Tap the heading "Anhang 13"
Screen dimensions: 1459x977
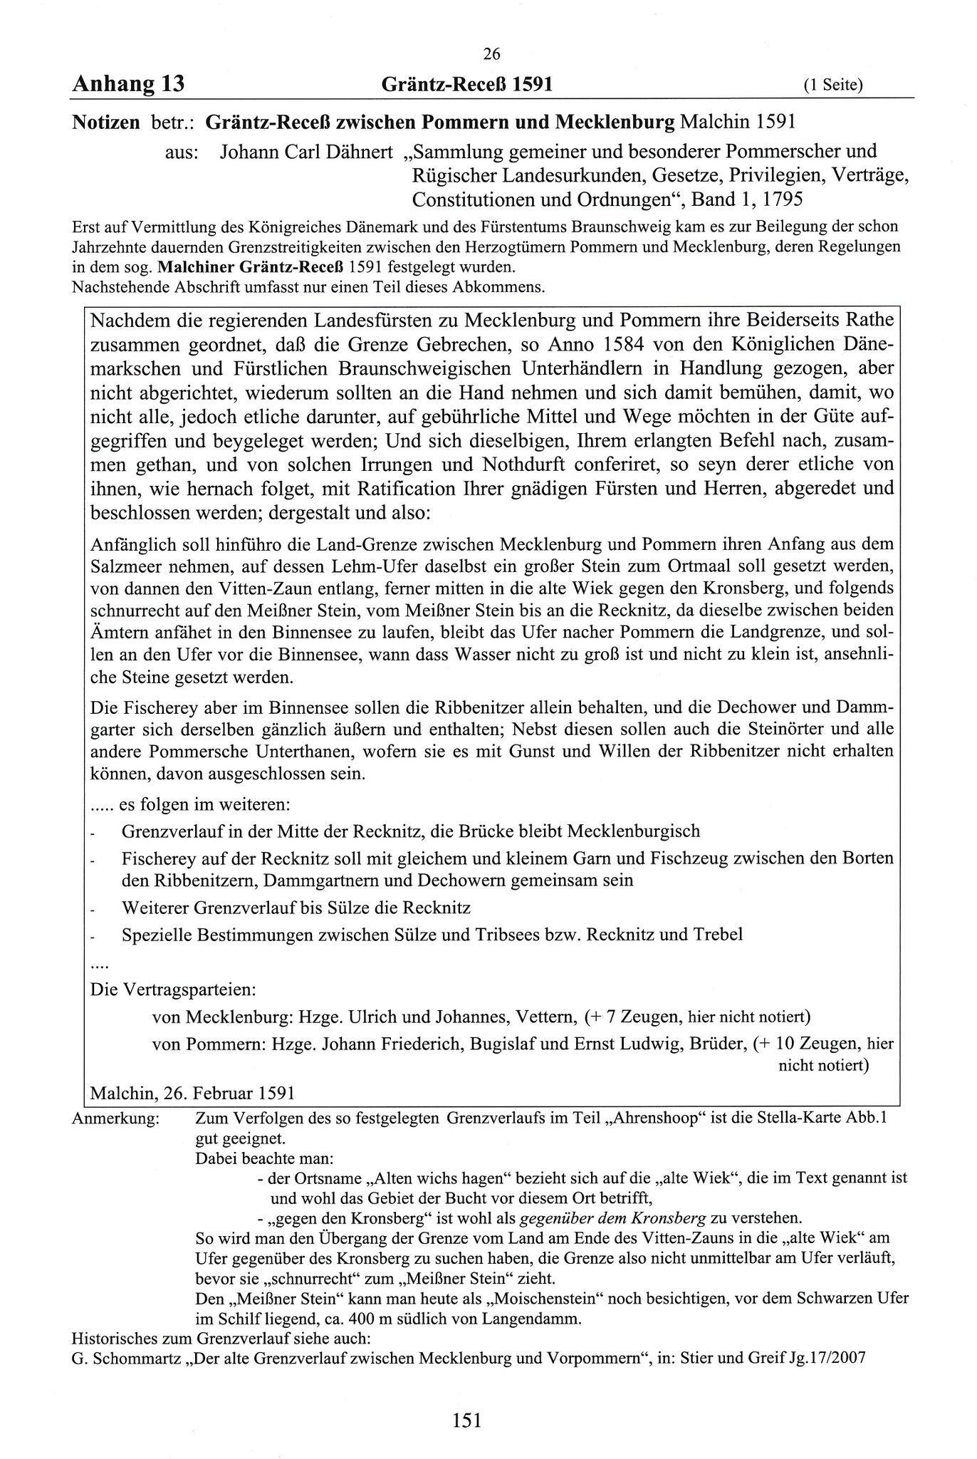click(128, 85)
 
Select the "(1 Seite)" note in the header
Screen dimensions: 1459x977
click(833, 86)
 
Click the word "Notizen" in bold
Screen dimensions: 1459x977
click(106, 123)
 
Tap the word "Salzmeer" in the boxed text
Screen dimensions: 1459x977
click(126, 567)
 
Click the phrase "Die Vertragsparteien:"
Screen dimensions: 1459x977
click(174, 990)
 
